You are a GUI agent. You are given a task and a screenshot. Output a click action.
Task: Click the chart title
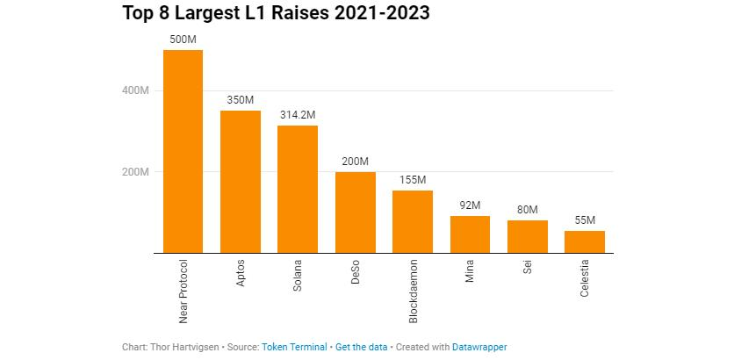[277, 13]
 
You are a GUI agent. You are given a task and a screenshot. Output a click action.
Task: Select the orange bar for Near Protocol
[183, 151]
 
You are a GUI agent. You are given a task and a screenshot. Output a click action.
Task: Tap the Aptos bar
[241, 182]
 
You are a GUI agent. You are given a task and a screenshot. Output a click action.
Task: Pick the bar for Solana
[298, 189]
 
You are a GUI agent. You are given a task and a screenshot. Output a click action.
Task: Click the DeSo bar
[356, 212]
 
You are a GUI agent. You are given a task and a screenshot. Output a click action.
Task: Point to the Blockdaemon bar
[413, 221]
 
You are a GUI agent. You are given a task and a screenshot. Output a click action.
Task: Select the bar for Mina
[470, 234]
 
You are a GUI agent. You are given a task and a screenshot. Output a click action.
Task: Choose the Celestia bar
[585, 242]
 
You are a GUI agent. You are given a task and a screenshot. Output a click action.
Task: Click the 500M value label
[183, 40]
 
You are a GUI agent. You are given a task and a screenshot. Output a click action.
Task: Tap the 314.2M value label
[298, 115]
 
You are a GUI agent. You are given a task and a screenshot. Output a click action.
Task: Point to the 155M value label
[413, 180]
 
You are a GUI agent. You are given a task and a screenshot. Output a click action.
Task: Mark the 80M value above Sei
[528, 210]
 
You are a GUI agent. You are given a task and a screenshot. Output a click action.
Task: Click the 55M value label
[585, 220]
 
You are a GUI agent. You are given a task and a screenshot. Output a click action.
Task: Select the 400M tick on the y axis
[135, 90]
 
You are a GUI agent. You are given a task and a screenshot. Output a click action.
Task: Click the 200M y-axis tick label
[135, 172]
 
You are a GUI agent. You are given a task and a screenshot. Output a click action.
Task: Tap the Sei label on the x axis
[528, 266]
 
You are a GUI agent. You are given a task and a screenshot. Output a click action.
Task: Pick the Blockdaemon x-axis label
[413, 292]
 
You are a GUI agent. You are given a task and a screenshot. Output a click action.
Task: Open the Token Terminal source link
[294, 348]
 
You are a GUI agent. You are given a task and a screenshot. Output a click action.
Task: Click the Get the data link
[362, 348]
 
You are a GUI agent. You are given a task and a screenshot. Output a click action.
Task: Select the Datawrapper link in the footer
[479, 348]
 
